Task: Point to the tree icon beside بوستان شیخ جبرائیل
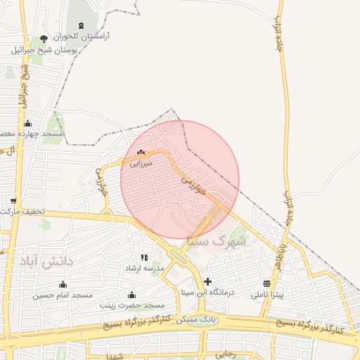[x=45, y=39]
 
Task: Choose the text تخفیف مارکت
[x=23, y=211]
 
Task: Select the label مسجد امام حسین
[x=63, y=295]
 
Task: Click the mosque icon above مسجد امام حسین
[x=63, y=285]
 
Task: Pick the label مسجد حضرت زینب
[x=132, y=305]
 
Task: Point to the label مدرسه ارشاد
[x=144, y=269]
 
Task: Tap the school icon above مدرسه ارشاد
[x=144, y=258]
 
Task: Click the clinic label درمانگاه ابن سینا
[x=207, y=291]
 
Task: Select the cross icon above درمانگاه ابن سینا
[x=207, y=281]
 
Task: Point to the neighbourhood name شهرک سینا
[x=215, y=240]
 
